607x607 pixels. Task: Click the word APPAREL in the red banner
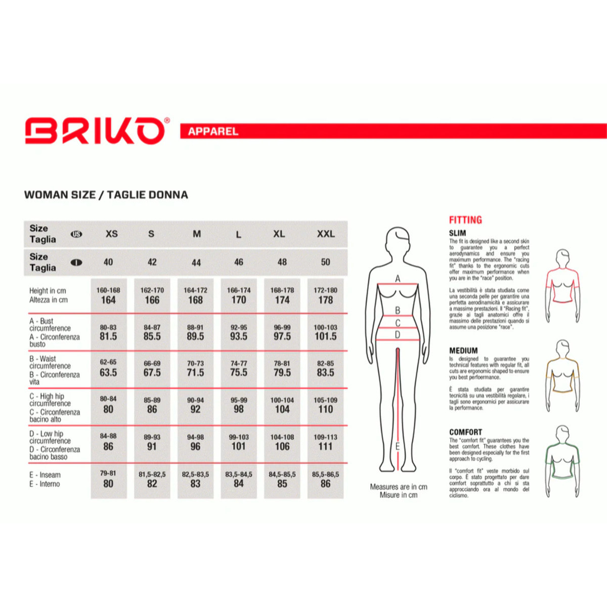tap(213, 132)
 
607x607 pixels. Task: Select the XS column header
tap(112, 234)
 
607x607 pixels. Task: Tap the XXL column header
tap(326, 234)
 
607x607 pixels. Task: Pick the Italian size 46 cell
tap(239, 262)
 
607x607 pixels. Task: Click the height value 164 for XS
tap(108, 300)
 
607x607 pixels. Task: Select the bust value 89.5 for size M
tap(195, 336)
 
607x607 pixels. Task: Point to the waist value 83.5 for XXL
tap(325, 373)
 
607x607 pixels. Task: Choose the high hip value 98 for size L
tap(239, 409)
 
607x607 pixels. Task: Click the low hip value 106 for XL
tap(282, 447)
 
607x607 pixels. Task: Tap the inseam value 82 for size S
tap(152, 484)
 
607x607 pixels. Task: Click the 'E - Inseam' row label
tap(45, 475)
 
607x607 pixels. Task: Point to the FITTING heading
tap(465, 220)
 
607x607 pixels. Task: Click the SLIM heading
tap(457, 233)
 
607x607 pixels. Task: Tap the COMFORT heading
tap(465, 432)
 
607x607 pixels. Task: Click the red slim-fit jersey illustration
tap(562, 285)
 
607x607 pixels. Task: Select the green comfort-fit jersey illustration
tap(562, 460)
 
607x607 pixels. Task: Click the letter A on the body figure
tap(398, 279)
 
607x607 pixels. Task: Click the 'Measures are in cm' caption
tap(399, 487)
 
